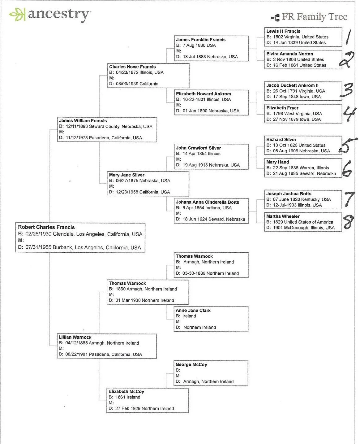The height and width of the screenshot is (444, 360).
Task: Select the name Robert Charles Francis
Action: (x=46, y=227)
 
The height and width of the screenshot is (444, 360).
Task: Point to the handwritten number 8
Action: (x=348, y=222)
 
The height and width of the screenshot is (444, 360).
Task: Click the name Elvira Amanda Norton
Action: (x=290, y=54)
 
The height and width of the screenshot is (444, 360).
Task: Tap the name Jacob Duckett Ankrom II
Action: (x=292, y=85)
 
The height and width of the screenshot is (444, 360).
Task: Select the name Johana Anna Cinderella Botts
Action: (x=208, y=202)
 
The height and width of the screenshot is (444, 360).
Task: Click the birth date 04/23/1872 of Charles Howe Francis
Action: (x=127, y=72)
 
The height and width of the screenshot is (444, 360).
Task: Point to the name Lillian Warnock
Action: (x=75, y=337)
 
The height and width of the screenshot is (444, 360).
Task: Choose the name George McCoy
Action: (x=191, y=365)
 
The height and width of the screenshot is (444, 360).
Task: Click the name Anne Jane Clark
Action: (x=193, y=311)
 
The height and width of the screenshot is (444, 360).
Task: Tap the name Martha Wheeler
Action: (x=283, y=216)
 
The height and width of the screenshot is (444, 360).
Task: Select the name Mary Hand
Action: (x=278, y=162)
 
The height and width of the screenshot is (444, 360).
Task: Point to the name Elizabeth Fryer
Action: (x=282, y=108)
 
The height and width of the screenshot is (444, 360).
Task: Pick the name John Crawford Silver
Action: (x=199, y=148)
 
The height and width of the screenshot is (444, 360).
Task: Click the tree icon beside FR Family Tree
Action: (x=275, y=18)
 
